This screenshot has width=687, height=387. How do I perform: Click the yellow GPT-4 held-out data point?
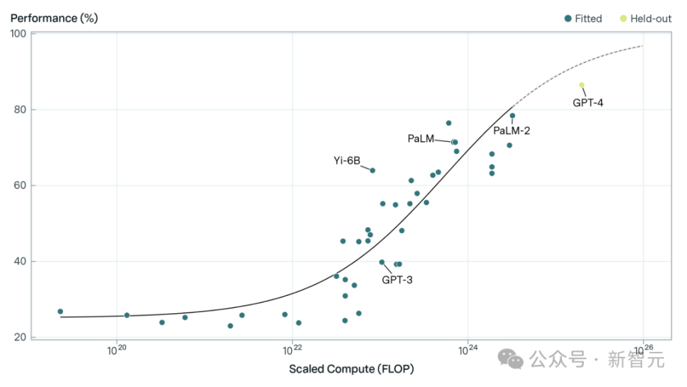tap(582, 85)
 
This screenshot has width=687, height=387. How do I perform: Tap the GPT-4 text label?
tap(588, 102)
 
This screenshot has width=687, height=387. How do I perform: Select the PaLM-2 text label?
tap(512, 130)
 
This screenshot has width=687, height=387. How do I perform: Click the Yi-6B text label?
tap(346, 160)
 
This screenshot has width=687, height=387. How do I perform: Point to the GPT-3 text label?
tap(396, 279)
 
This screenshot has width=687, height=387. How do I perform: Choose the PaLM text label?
tap(421, 138)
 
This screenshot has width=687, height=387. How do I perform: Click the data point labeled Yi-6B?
tap(372, 171)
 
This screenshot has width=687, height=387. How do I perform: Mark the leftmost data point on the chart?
tap(60, 312)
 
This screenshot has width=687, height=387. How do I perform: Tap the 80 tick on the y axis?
tap(20, 110)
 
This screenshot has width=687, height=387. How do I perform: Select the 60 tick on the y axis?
tap(20, 186)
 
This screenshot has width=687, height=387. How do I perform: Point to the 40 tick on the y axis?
tap(20, 262)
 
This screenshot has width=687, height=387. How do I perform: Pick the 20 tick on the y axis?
tap(20, 338)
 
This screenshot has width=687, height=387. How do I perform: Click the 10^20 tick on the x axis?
tap(116, 351)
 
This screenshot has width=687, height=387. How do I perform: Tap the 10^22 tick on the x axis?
tap(291, 351)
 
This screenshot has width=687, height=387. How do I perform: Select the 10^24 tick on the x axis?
tap(467, 351)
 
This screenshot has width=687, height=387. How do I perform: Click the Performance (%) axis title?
tap(54, 18)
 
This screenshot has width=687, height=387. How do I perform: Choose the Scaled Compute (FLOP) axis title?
tap(351, 369)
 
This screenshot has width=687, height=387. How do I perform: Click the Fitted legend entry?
tap(583, 19)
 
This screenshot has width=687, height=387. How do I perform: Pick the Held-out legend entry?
tap(646, 19)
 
